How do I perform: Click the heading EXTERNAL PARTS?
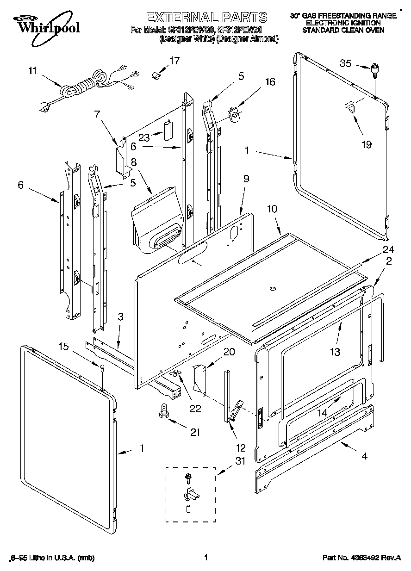[206, 18]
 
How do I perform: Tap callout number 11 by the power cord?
[32, 71]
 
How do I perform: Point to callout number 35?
[346, 63]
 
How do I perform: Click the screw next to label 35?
[374, 70]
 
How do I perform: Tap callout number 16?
[269, 82]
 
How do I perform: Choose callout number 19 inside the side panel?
[366, 144]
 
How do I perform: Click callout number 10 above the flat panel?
[272, 209]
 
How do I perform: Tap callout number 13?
[335, 352]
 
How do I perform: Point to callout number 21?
[195, 432]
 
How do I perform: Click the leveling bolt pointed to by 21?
[163, 410]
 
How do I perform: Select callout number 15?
[64, 347]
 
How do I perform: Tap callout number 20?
[229, 351]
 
